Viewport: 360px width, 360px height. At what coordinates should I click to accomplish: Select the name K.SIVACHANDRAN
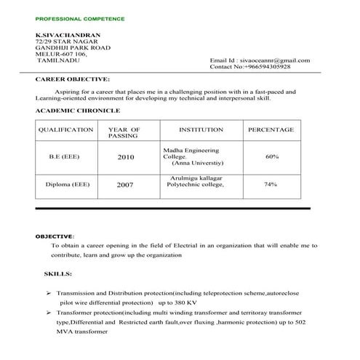tap(67, 34)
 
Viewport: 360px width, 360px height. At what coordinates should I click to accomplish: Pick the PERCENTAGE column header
tap(271, 129)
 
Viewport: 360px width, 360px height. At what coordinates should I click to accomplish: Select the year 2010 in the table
tap(125, 157)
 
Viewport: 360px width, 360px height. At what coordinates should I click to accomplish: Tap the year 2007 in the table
tap(125, 185)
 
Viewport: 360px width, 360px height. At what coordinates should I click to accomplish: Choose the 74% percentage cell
tap(271, 185)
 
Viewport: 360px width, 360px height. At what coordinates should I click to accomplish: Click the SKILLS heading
tap(58, 276)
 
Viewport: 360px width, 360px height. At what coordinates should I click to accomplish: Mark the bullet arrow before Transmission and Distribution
tap(48, 291)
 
